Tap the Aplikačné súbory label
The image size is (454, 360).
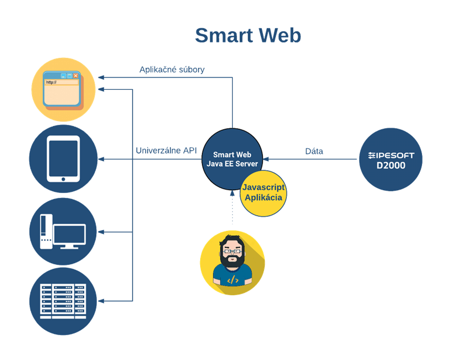tap(172, 70)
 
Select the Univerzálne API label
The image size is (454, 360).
tap(166, 151)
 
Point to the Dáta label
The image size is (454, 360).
tap(314, 151)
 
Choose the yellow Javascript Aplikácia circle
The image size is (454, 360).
tap(264, 192)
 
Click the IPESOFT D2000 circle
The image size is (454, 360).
tap(391, 159)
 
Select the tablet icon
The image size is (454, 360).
tap(63, 159)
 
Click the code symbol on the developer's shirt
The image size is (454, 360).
tap(232, 280)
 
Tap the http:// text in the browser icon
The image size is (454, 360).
tap(51, 82)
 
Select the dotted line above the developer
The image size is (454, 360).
tap(233, 211)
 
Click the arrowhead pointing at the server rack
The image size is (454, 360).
tap(101, 301)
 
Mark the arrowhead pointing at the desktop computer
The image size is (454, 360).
tap(101, 232)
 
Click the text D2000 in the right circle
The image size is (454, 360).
tap(391, 165)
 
